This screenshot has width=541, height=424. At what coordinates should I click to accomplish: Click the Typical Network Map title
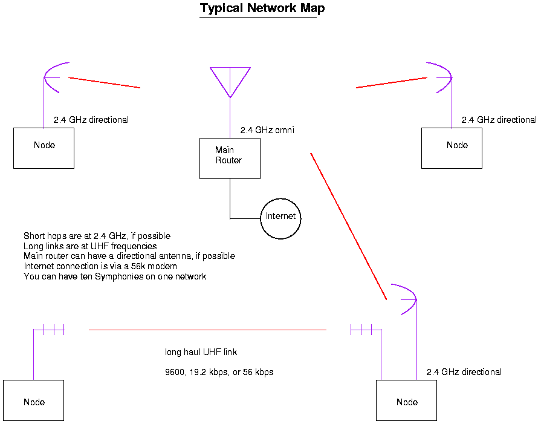coord(262,8)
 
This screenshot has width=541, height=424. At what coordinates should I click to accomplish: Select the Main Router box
coord(230,158)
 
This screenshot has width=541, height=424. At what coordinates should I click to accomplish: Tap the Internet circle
coord(280,217)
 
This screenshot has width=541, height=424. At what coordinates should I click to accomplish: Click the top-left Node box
coord(44,148)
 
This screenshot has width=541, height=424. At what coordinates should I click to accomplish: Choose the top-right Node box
coord(452,148)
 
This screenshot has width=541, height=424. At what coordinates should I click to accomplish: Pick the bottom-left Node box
coord(33,400)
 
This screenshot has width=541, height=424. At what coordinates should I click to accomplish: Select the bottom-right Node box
coord(406,400)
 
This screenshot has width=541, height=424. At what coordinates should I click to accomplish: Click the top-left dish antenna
coord(52,77)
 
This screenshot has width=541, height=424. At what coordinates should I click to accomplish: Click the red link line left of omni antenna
coord(105,83)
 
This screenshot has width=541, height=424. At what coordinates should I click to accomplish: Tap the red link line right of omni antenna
coord(392,82)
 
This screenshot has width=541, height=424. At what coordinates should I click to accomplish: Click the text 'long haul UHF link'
coord(206,352)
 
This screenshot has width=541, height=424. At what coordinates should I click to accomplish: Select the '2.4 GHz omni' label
coord(267,130)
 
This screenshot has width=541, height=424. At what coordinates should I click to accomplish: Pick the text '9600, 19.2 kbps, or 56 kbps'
coord(219,372)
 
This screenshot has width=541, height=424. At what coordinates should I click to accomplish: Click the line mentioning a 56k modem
coord(100,266)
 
